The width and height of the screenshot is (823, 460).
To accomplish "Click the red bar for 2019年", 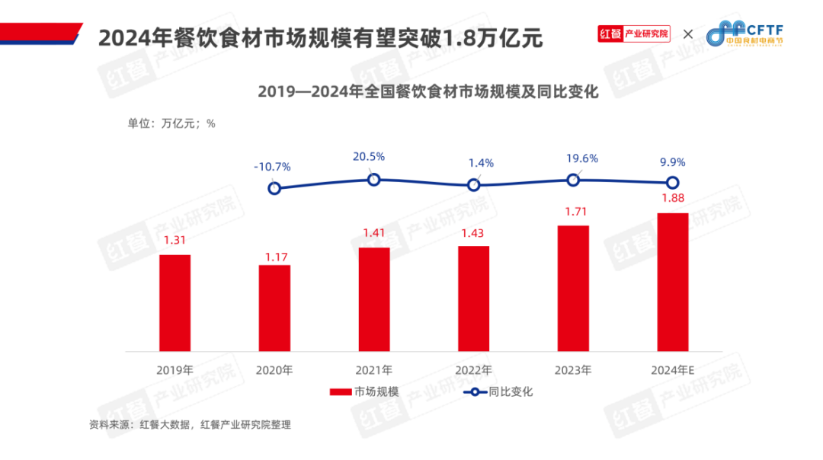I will (x=175, y=302).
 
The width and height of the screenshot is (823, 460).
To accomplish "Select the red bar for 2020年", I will (x=274, y=308).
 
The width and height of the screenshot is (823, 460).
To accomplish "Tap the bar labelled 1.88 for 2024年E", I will (x=673, y=282).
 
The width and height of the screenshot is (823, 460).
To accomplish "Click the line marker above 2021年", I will (x=374, y=179).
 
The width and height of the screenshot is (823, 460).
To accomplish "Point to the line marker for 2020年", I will (x=274, y=188).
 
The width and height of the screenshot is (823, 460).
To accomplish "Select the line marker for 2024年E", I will (x=673, y=182).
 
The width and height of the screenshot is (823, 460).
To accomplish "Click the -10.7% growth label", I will (x=272, y=166).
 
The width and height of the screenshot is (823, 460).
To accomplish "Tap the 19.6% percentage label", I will (x=581, y=158).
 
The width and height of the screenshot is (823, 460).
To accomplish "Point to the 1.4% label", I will (x=482, y=162).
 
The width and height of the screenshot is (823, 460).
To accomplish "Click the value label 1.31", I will (x=175, y=241).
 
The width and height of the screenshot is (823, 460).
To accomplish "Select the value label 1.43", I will (x=473, y=232).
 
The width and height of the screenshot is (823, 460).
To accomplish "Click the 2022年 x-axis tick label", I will (x=473, y=370).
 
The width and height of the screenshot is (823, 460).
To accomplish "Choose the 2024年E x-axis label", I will (x=673, y=370).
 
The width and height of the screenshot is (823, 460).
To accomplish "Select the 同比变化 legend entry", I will (x=499, y=392).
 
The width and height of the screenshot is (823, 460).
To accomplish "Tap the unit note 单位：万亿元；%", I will (x=171, y=123).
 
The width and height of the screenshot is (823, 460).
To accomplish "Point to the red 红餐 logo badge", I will (x=610, y=34).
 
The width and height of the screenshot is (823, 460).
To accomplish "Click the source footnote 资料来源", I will (x=190, y=424).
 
